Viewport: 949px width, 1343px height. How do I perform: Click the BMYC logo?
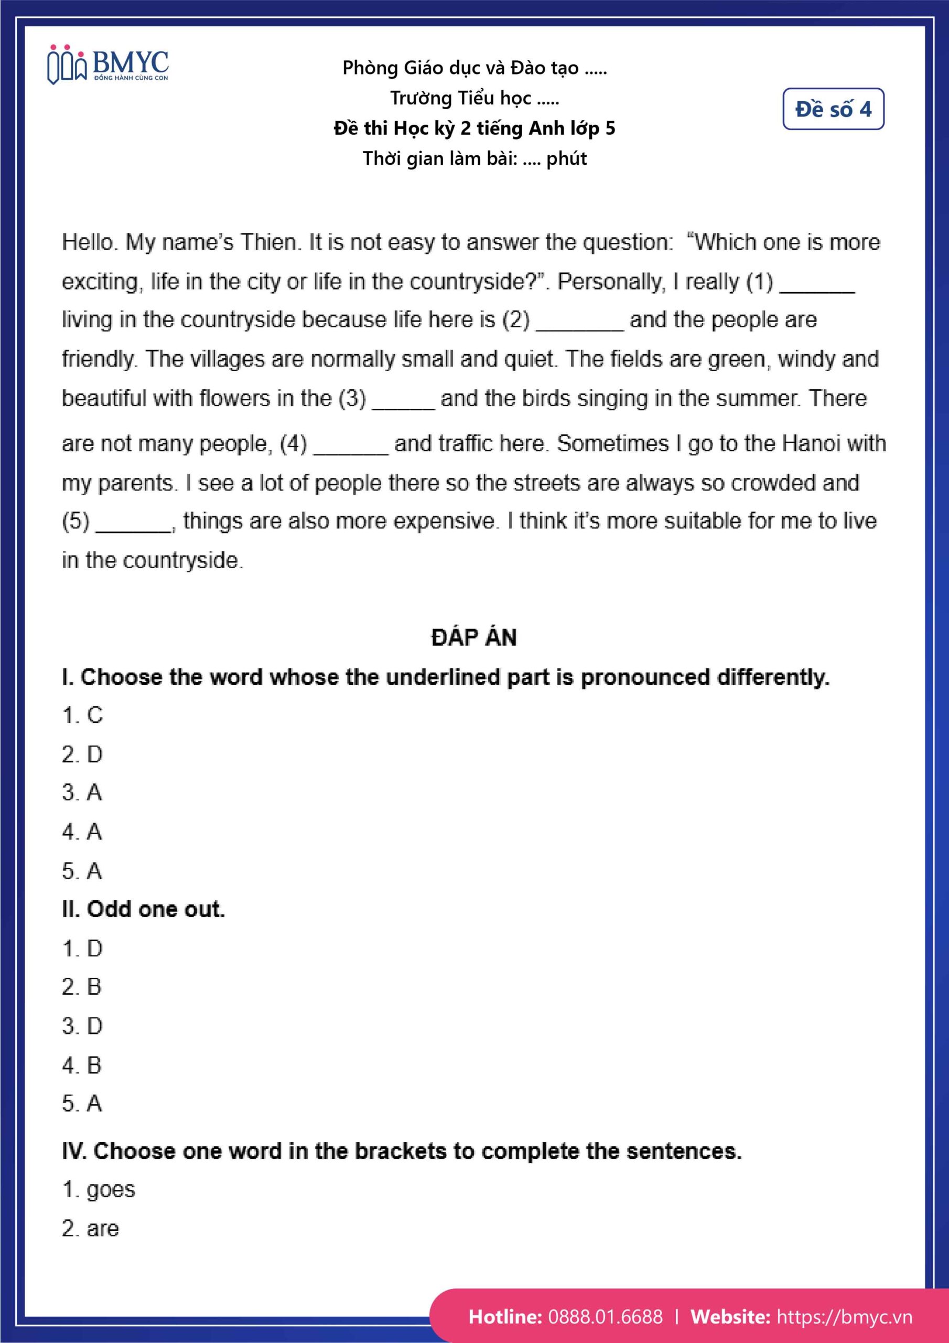pyautogui.click(x=107, y=65)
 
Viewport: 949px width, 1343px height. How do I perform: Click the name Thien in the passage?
pyautogui.click(x=268, y=241)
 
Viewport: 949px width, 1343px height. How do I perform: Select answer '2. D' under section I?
pyautogui.click(x=82, y=754)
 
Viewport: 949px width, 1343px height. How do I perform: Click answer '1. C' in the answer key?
pyautogui.click(x=82, y=715)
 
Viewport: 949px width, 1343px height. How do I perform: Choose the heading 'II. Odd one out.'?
pyautogui.click(x=143, y=909)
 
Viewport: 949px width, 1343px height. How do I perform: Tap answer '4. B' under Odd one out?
pyautogui.click(x=82, y=1064)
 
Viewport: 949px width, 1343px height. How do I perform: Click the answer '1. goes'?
pyautogui.click(x=98, y=1189)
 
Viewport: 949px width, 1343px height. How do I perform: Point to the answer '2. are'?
pyautogui.click(x=90, y=1228)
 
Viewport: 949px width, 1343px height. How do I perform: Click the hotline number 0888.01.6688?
pyautogui.click(x=605, y=1317)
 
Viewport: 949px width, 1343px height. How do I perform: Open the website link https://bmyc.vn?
pyautogui.click(x=844, y=1317)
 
